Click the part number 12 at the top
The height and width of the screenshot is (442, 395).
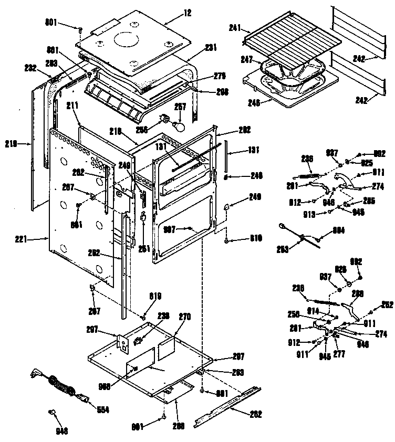174,12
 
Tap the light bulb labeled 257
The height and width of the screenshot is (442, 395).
181,126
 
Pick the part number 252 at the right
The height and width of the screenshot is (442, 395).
387,304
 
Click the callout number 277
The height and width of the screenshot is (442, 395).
339,354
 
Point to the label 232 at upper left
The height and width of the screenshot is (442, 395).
30,67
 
